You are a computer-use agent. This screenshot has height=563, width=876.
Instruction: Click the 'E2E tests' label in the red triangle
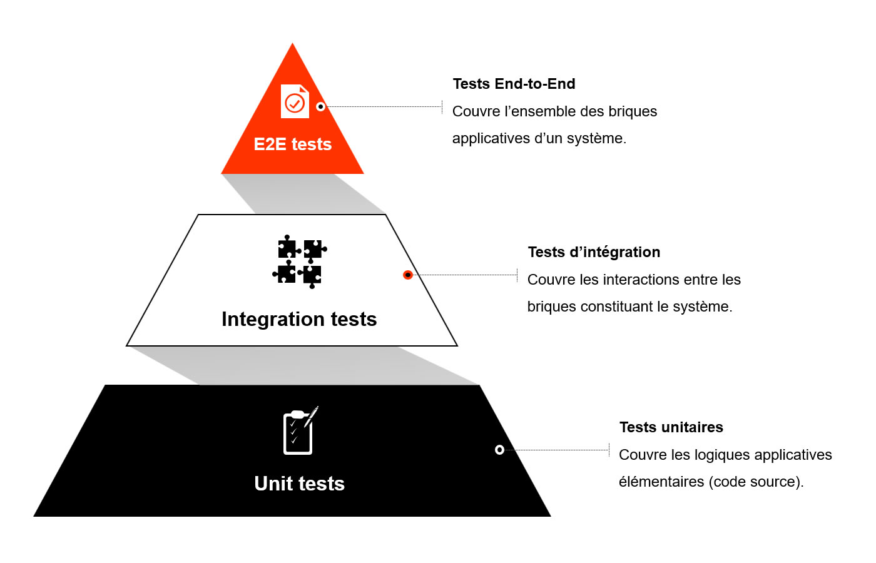[x=293, y=144]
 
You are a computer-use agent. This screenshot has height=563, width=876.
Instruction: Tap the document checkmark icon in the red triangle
[x=295, y=101]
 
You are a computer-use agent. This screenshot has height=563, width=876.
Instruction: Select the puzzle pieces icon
[x=300, y=261]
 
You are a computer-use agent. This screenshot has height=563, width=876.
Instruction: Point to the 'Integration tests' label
[x=299, y=319]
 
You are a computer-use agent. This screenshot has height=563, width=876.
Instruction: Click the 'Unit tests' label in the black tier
[x=299, y=484]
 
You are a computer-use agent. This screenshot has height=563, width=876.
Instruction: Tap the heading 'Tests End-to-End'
[x=514, y=84]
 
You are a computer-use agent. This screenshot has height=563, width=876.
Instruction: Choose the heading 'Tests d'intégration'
[x=594, y=252]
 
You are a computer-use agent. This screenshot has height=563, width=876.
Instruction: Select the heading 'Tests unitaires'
[x=671, y=427]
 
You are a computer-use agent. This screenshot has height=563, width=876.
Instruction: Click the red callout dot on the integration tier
[x=408, y=275]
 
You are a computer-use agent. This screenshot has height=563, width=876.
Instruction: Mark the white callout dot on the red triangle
[x=320, y=106]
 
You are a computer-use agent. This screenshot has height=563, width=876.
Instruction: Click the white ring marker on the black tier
[x=499, y=450]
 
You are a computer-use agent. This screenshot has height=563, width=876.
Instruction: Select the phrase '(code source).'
[x=756, y=482]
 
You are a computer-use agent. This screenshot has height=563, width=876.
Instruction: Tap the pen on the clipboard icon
[x=312, y=417]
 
